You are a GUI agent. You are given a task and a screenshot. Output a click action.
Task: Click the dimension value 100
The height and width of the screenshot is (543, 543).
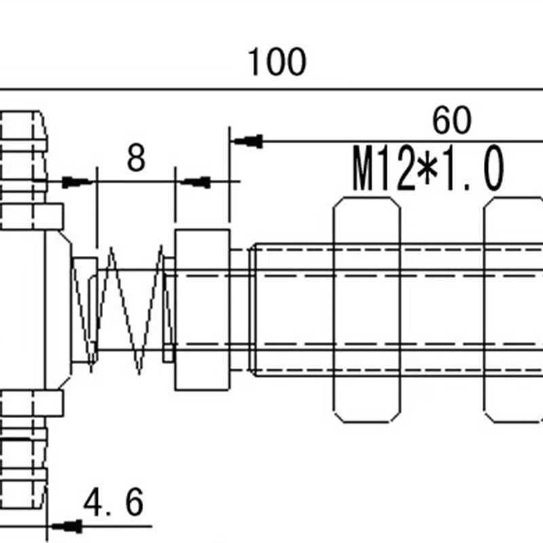point(277,62)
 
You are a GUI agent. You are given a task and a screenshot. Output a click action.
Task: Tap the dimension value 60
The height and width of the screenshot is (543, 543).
point(451,120)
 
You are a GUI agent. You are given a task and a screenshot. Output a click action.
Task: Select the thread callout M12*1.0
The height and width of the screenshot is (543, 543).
point(428,168)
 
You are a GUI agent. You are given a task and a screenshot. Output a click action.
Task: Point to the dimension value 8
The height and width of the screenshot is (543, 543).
point(136,158)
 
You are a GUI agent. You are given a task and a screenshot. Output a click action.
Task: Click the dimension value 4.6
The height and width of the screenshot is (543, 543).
point(113,502)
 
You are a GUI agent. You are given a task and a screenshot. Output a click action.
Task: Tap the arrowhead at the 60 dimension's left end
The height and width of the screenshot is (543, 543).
point(248,141)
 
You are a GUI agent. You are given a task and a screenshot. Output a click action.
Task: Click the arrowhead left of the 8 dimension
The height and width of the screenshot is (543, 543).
point(77,182)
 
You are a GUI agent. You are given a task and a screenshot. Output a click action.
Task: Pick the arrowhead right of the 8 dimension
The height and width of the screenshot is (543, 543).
point(195,182)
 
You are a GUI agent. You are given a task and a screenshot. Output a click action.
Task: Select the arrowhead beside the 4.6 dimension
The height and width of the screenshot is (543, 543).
point(67,527)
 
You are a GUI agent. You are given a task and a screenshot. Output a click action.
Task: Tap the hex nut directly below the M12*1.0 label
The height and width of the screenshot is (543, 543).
point(367,310)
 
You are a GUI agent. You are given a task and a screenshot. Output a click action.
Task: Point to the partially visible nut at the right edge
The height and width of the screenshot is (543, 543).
point(513,310)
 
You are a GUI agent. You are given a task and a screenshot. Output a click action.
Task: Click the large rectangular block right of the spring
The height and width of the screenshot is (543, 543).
point(202,310)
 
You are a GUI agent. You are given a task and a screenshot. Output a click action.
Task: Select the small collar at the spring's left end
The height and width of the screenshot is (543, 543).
point(84,310)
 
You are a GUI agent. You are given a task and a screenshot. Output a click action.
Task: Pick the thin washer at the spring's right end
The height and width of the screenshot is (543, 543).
point(169,310)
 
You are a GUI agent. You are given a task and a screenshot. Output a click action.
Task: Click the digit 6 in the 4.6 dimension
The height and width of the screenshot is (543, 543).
point(134,502)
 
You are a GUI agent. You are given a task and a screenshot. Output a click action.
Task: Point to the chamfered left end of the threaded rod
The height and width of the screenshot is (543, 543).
point(252,310)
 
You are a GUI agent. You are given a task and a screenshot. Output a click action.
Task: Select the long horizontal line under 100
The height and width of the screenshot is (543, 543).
point(271,90)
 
